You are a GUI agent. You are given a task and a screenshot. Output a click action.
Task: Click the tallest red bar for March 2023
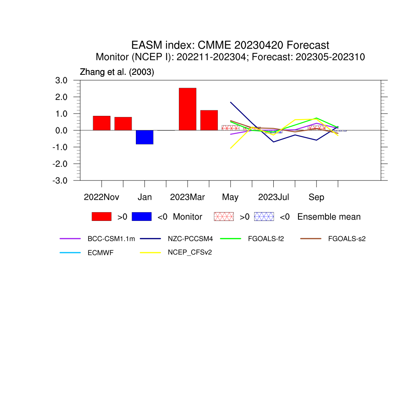coord(188,109)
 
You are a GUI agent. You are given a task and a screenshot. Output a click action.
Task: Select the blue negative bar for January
coord(145,137)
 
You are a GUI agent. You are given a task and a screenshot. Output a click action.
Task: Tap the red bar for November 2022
coord(101,123)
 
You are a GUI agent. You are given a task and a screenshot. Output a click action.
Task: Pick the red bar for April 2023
coord(209,120)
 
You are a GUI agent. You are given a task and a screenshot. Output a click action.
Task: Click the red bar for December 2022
coord(123,124)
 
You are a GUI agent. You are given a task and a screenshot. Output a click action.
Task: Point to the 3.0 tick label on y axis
coord(61,80)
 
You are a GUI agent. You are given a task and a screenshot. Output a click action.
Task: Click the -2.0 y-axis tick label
coord(60,164)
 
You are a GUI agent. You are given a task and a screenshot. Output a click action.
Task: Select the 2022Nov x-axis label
coord(101,197)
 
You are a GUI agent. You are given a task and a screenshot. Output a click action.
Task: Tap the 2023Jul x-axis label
coord(273,197)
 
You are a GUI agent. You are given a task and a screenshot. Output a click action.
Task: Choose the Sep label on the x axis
coord(316,197)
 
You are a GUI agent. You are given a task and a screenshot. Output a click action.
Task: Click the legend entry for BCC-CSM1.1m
coord(111,239)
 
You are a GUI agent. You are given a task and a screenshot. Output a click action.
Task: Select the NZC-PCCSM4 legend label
coord(190,239)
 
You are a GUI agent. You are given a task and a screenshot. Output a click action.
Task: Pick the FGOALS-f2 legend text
coord(266,239)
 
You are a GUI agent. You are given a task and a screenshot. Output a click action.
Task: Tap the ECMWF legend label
coord(101,253)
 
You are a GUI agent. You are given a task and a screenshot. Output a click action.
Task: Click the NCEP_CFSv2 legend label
coord(190,253)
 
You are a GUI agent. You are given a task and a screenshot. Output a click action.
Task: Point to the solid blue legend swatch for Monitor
coord(142,217)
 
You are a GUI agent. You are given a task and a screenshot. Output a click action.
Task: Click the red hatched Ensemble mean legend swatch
coord(224,217)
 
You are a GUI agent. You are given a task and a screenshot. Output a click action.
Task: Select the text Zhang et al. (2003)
coord(117,72)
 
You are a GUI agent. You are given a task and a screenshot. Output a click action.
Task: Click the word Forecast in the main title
coord(308,45)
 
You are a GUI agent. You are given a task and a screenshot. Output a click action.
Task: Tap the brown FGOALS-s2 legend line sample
coord(311,239)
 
